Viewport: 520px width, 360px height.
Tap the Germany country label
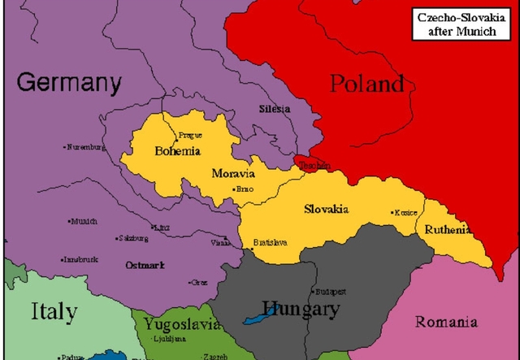[x=69, y=83]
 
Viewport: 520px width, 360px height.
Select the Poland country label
[x=367, y=83]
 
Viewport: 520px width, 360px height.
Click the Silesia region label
[x=274, y=109]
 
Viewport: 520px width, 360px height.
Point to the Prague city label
[x=190, y=136]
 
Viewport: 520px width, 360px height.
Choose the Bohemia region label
[x=177, y=151]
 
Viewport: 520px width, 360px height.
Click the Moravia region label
[x=233, y=174]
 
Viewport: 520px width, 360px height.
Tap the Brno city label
[x=245, y=189]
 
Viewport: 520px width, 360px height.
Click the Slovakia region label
[x=326, y=210]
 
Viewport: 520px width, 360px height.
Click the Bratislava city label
[x=270, y=242]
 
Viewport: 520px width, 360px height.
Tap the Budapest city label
[x=331, y=291]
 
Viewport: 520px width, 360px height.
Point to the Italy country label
[x=54, y=311]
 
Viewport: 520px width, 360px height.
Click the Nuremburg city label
[x=85, y=147]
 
